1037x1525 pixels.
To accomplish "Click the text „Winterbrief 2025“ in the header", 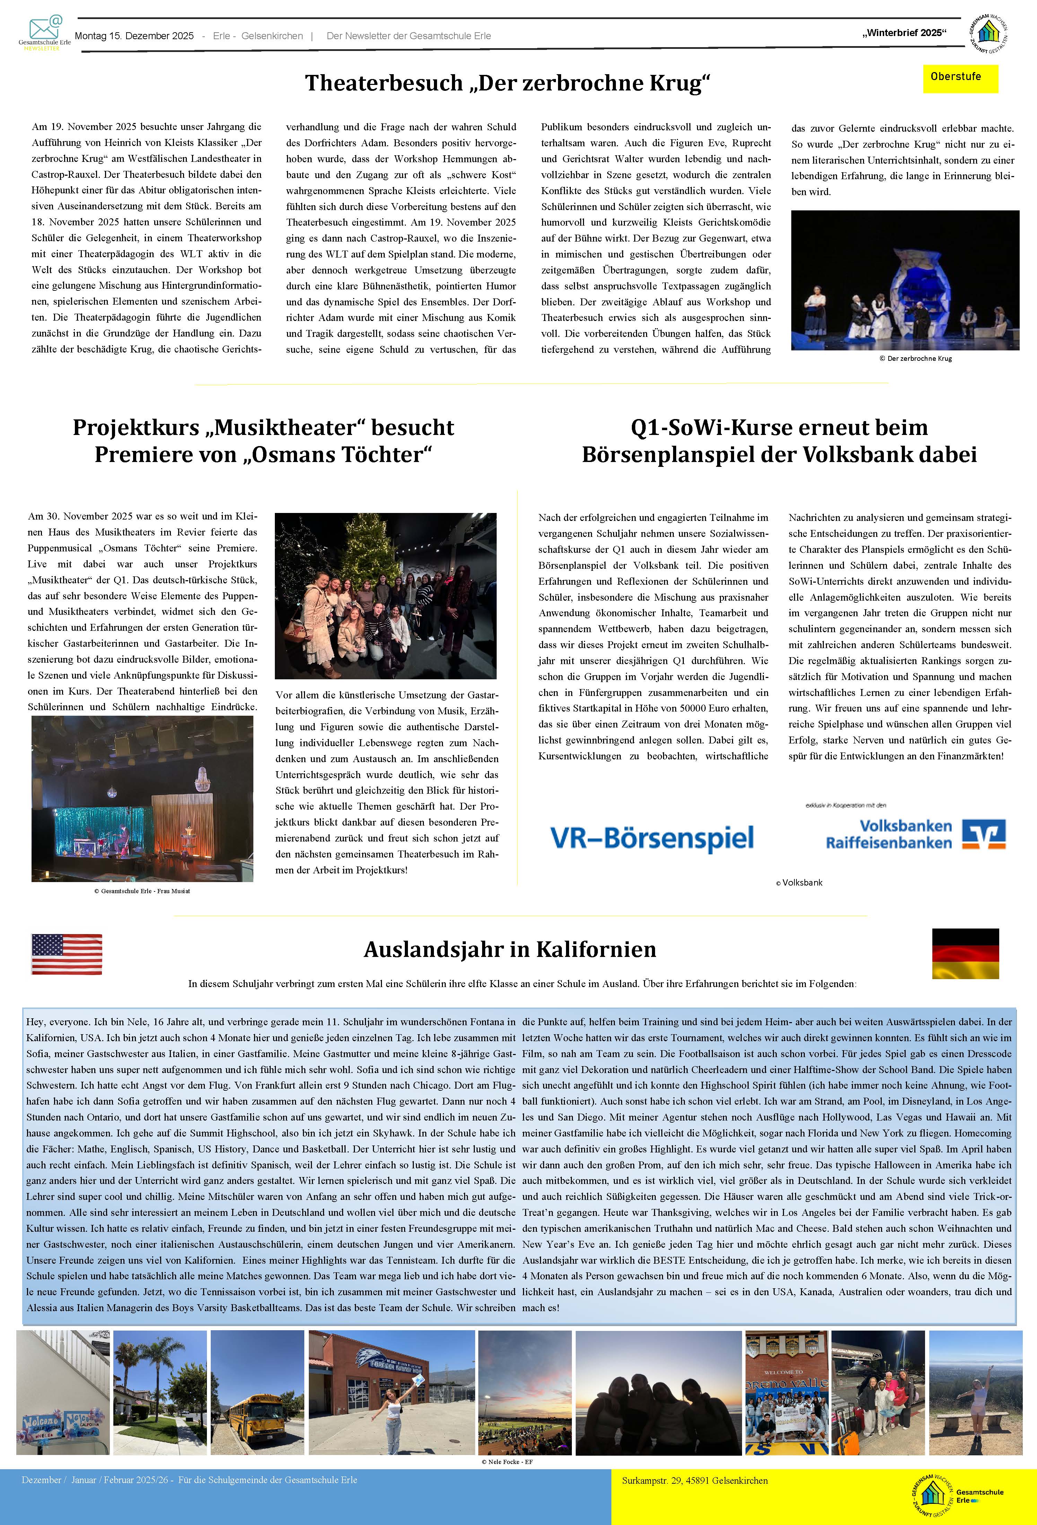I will (904, 33).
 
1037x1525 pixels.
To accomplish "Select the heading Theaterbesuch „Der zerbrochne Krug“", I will (507, 83).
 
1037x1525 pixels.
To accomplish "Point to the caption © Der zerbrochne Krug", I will (915, 358).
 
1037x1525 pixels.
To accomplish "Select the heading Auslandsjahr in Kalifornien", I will (509, 950).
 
